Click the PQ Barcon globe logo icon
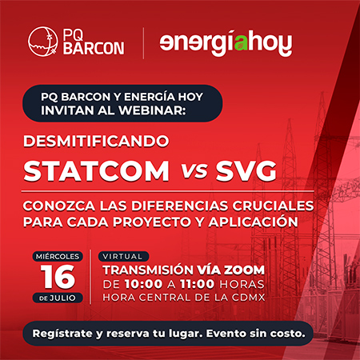[x=42, y=42]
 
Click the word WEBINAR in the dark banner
[x=152, y=110]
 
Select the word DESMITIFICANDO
[x=96, y=141]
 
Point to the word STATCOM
[x=96, y=171]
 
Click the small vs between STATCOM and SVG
[x=194, y=170]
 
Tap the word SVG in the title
[x=246, y=171]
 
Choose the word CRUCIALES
[x=273, y=206]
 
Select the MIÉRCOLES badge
[x=58, y=257]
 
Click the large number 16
[x=58, y=277]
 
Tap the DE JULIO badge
[x=58, y=298]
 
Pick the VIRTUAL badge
[x=123, y=257]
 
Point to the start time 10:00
[x=143, y=284]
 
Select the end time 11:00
[x=197, y=284]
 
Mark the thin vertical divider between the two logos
[x=143, y=43]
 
